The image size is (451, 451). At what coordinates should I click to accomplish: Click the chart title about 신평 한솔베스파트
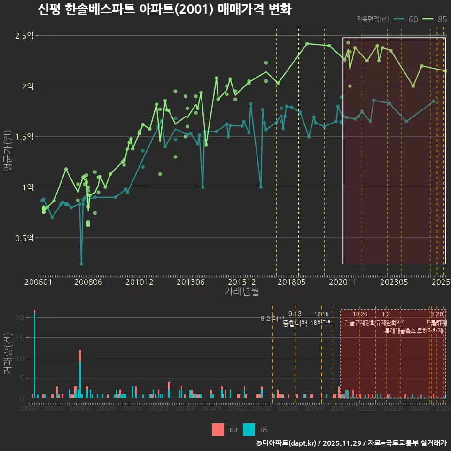coord(164,10)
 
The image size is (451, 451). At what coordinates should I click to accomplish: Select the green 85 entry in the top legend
coord(435,19)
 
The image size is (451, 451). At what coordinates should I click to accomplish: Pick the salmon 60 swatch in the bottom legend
coord(218,430)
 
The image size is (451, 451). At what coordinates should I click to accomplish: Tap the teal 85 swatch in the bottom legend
coord(249,430)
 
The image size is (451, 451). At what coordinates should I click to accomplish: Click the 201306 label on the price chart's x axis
coord(191,282)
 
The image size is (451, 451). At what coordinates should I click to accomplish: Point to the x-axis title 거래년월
coord(241,292)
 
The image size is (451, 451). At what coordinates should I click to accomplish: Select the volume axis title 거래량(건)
coord(8,354)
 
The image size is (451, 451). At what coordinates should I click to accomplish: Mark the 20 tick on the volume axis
coord(19,318)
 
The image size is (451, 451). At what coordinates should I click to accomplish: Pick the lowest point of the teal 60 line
coord(81,264)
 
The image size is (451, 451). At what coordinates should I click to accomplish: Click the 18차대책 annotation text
coord(322,323)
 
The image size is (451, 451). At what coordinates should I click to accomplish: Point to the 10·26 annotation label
coord(360,314)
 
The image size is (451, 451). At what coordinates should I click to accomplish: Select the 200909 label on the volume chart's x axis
coord(106,409)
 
